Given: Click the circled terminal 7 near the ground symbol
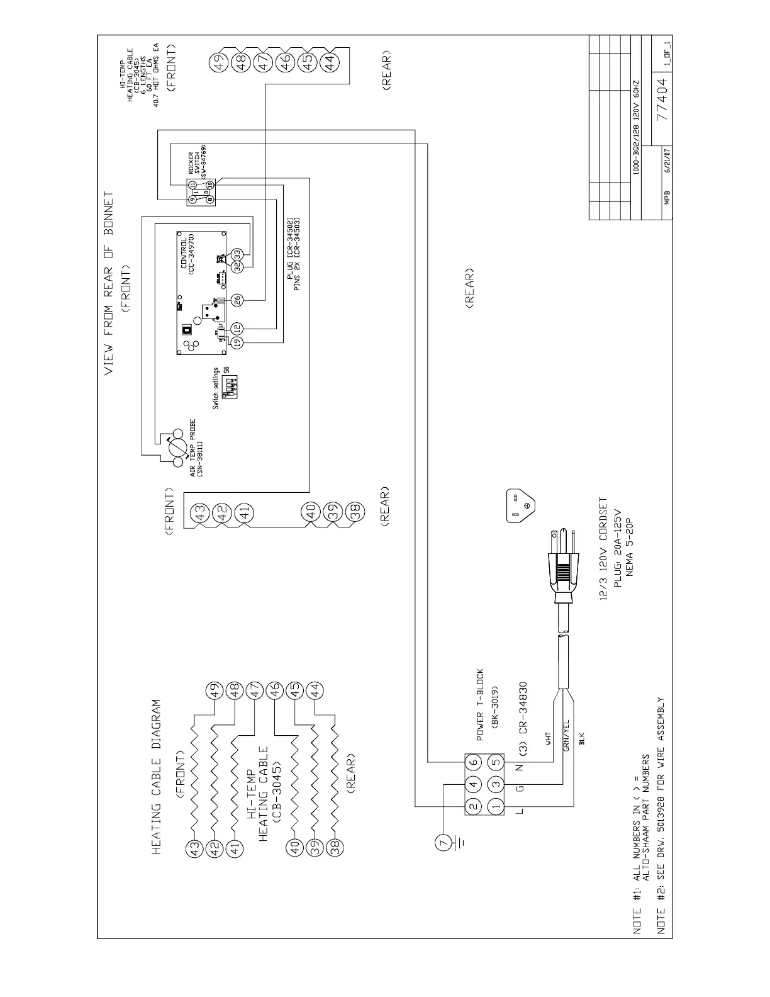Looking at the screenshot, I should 442,841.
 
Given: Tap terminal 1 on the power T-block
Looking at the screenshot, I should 495,806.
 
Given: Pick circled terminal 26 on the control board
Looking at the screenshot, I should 237,300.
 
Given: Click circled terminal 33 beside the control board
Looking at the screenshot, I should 237,254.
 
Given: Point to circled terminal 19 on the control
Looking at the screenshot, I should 237,342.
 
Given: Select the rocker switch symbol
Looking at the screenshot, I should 201,191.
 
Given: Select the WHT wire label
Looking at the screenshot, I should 548,737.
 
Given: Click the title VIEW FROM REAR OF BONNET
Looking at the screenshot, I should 109,283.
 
